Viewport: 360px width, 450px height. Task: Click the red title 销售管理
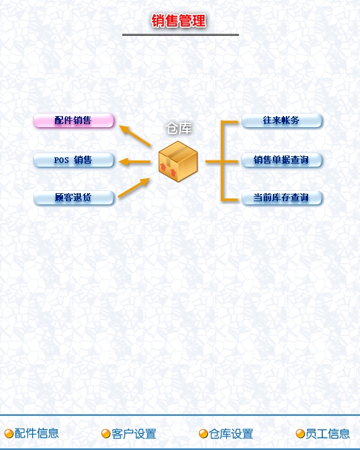(178, 20)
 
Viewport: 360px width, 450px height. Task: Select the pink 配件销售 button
(73, 120)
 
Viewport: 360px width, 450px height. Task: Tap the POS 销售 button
(73, 160)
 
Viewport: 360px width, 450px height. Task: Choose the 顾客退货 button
(73, 198)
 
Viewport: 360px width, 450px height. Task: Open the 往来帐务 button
(282, 120)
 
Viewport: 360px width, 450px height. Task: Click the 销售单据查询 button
(282, 160)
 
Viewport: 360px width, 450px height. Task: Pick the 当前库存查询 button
(282, 198)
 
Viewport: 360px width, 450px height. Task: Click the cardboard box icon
(178, 161)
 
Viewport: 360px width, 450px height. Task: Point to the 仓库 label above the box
(178, 128)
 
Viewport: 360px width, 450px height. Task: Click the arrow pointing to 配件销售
(135, 136)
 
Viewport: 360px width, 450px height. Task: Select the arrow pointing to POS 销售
(135, 162)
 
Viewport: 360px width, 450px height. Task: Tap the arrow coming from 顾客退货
(134, 188)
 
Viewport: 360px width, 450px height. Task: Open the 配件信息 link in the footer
(36, 433)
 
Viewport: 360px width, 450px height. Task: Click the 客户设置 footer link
(134, 433)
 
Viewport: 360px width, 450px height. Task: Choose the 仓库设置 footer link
(231, 433)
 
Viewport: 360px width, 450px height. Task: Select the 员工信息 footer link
(327, 433)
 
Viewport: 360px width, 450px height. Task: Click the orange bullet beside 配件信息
(9, 433)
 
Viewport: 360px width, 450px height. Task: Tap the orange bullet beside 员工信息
(300, 433)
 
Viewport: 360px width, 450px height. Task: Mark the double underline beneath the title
(180, 35)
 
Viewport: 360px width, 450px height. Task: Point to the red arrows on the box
(168, 169)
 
